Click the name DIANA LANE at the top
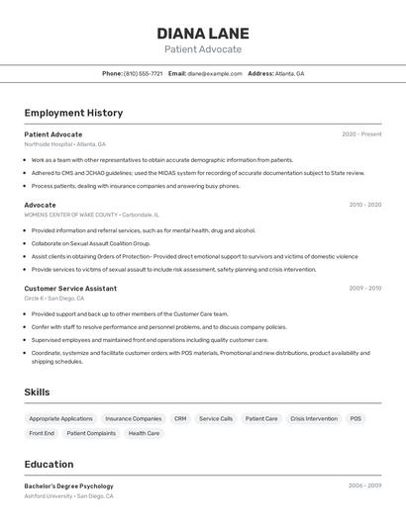click(202, 33)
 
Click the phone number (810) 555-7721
click(143, 73)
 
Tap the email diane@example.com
click(215, 73)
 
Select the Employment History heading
click(73, 113)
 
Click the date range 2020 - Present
click(361, 133)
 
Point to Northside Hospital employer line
click(64, 144)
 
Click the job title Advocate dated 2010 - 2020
click(40, 205)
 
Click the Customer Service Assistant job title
click(70, 288)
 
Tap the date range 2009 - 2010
click(364, 288)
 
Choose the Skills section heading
click(37, 393)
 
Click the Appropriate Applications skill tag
click(60, 418)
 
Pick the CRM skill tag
click(180, 418)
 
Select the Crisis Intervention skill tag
click(313, 418)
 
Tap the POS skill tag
click(355, 418)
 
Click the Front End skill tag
click(42, 433)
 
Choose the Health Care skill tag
click(144, 433)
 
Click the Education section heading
click(49, 464)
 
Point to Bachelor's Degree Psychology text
click(68, 485)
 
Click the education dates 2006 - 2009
click(364, 485)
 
